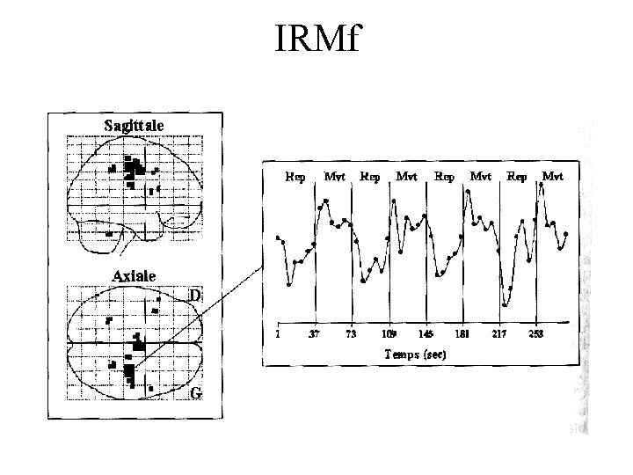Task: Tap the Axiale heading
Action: [134, 275]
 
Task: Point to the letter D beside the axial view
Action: [196, 296]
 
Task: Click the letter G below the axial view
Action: [196, 394]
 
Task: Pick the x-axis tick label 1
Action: [279, 334]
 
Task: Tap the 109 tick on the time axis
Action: [389, 334]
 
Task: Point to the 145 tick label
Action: [426, 334]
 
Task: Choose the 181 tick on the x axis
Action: [463, 334]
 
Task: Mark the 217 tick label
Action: [500, 334]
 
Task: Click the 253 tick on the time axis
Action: [536, 334]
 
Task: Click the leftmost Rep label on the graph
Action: [296, 176]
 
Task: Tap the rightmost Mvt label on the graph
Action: [552, 176]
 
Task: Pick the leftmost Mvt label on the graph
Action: [334, 176]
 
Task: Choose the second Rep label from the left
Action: [370, 176]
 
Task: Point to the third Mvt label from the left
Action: [480, 176]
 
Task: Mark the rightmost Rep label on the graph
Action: [518, 176]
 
